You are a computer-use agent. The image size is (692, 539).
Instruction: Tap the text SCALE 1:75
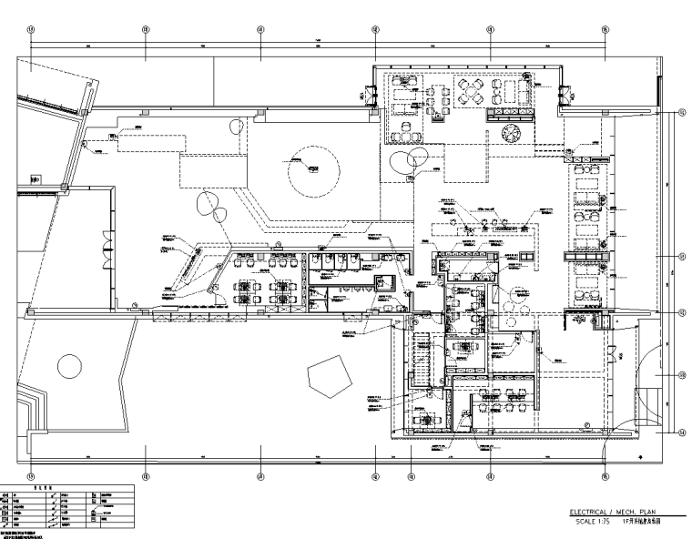(589, 521)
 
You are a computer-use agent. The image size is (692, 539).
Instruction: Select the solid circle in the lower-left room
(69, 366)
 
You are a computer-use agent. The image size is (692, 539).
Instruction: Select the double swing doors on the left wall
(110, 244)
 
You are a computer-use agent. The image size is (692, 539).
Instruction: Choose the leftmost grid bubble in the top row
(31, 29)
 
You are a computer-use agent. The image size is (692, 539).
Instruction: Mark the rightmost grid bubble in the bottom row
(605, 474)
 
